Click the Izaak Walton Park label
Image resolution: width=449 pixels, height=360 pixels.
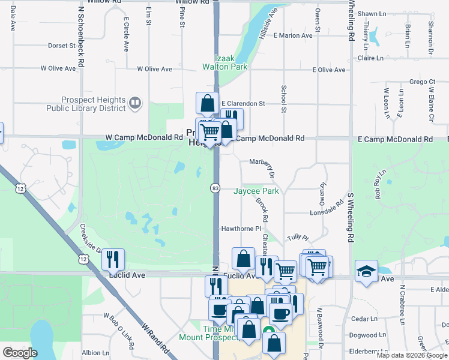[232, 63]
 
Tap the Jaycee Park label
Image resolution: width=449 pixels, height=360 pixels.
[256, 191]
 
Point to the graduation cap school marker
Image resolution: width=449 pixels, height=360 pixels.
[366, 271]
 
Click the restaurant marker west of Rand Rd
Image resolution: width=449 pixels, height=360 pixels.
[113, 260]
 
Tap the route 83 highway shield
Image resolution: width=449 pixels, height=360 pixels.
[215, 188]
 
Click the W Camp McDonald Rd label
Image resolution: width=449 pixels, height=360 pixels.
[144, 137]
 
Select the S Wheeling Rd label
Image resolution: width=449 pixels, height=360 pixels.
[350, 215]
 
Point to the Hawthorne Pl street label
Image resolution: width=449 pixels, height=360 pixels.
[241, 229]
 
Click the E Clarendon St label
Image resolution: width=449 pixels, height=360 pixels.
[243, 103]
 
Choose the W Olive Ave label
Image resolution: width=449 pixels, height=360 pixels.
[58, 68]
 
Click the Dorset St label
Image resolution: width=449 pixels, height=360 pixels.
[62, 45]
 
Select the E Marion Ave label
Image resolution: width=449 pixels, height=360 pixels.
[293, 35]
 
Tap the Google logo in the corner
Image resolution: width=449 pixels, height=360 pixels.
[20, 353]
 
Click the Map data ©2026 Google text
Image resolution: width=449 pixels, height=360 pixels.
[411, 355]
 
